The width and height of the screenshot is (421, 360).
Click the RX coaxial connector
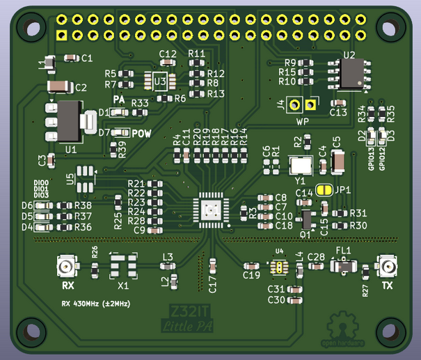(x=67, y=267)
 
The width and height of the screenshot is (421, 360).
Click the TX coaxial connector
(x=387, y=267)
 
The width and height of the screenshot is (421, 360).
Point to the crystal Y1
(x=302, y=165)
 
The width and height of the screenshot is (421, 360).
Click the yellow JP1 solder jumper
(x=324, y=189)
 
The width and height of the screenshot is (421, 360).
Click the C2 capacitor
(x=60, y=86)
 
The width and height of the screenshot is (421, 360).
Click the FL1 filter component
(x=344, y=267)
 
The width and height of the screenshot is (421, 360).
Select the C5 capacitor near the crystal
(x=338, y=162)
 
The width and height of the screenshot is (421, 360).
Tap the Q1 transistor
(x=305, y=219)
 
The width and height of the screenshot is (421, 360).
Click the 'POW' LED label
(x=142, y=133)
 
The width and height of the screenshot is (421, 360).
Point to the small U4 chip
(x=279, y=267)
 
